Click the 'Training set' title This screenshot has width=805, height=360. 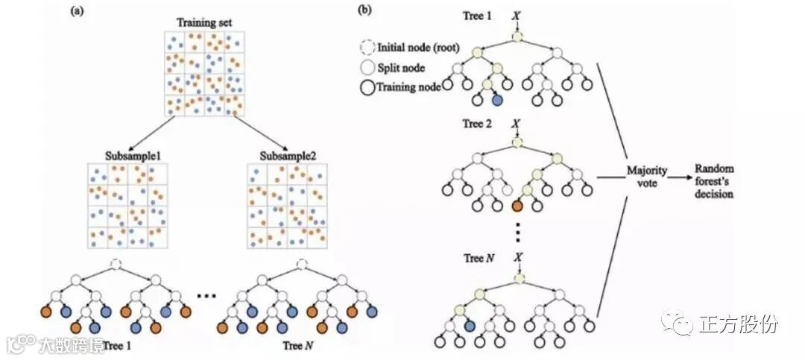203,22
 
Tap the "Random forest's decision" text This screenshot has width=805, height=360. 714,181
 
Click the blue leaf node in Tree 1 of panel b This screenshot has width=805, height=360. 497,99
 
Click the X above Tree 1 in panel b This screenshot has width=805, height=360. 517,14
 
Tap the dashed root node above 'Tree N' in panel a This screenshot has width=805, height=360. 302,264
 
